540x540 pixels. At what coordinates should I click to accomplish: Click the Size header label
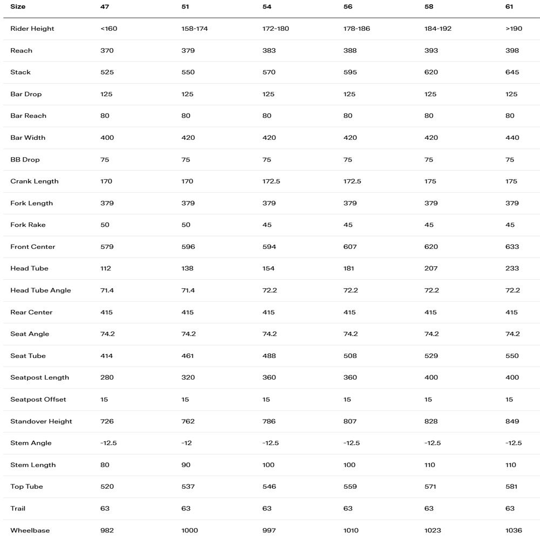click(x=18, y=7)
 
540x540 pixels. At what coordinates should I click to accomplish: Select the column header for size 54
click(x=266, y=7)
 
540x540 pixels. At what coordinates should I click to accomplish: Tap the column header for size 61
click(x=510, y=7)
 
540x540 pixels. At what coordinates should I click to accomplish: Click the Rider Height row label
click(x=32, y=29)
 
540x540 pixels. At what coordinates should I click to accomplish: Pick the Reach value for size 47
click(x=107, y=50)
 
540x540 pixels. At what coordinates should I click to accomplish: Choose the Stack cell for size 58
click(x=431, y=72)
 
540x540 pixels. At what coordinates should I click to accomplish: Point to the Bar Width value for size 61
click(x=512, y=138)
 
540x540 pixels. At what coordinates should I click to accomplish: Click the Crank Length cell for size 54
click(x=271, y=181)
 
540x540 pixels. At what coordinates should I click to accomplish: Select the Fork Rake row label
click(x=28, y=225)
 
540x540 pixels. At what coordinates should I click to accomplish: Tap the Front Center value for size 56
click(x=350, y=247)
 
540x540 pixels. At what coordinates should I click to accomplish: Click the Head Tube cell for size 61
click(x=512, y=268)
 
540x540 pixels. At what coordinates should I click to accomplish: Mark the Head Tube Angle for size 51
click(x=188, y=291)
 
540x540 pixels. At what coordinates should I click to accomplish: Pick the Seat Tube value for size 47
click(x=107, y=356)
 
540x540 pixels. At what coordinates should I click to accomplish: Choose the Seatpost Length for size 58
click(x=431, y=377)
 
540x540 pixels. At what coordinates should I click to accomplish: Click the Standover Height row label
click(x=41, y=421)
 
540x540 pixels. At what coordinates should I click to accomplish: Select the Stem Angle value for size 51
click(x=187, y=443)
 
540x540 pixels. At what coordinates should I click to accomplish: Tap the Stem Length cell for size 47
click(x=105, y=465)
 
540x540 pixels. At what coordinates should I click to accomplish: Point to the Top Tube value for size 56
click(x=350, y=487)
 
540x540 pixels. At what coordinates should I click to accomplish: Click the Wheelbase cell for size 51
click(x=190, y=530)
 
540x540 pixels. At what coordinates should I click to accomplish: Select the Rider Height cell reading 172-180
click(x=275, y=29)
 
